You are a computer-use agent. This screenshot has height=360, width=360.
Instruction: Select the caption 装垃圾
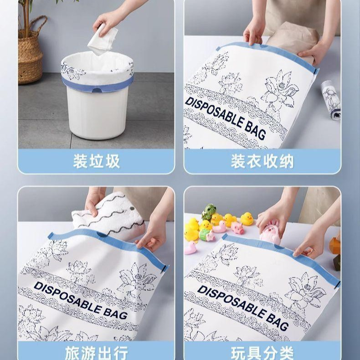(97, 161)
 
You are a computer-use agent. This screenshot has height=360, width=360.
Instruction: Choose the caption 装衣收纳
(262, 161)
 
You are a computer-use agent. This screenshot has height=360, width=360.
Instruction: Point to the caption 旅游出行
(97, 353)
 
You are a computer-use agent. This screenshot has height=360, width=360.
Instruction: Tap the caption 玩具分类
(262, 353)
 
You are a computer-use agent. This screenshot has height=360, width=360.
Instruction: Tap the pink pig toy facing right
(237, 228)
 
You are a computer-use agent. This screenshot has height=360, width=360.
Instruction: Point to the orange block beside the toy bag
(335, 246)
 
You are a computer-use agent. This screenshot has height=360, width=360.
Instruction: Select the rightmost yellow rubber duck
(247, 219)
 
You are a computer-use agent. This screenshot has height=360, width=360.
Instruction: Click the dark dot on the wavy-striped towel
(132, 209)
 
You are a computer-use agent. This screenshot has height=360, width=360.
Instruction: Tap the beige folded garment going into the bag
(293, 42)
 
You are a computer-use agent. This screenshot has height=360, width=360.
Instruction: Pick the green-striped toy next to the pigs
(206, 235)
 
